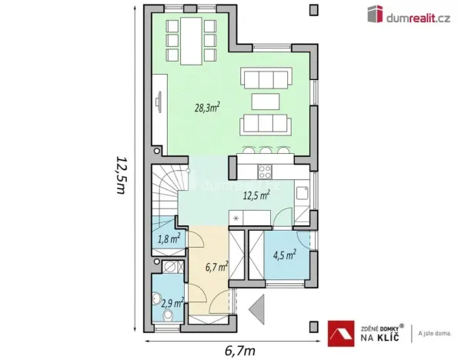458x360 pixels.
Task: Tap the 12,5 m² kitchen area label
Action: (x=255, y=195)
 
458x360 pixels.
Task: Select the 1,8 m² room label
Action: (x=169, y=238)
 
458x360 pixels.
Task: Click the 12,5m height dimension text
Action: (x=120, y=175)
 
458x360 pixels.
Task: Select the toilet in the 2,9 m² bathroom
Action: (x=165, y=316)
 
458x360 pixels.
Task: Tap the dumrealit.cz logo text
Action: (x=420, y=14)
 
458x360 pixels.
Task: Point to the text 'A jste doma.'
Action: (x=433, y=333)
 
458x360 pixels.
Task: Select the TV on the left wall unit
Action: (x=159, y=103)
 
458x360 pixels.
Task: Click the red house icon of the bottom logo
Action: (x=341, y=332)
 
